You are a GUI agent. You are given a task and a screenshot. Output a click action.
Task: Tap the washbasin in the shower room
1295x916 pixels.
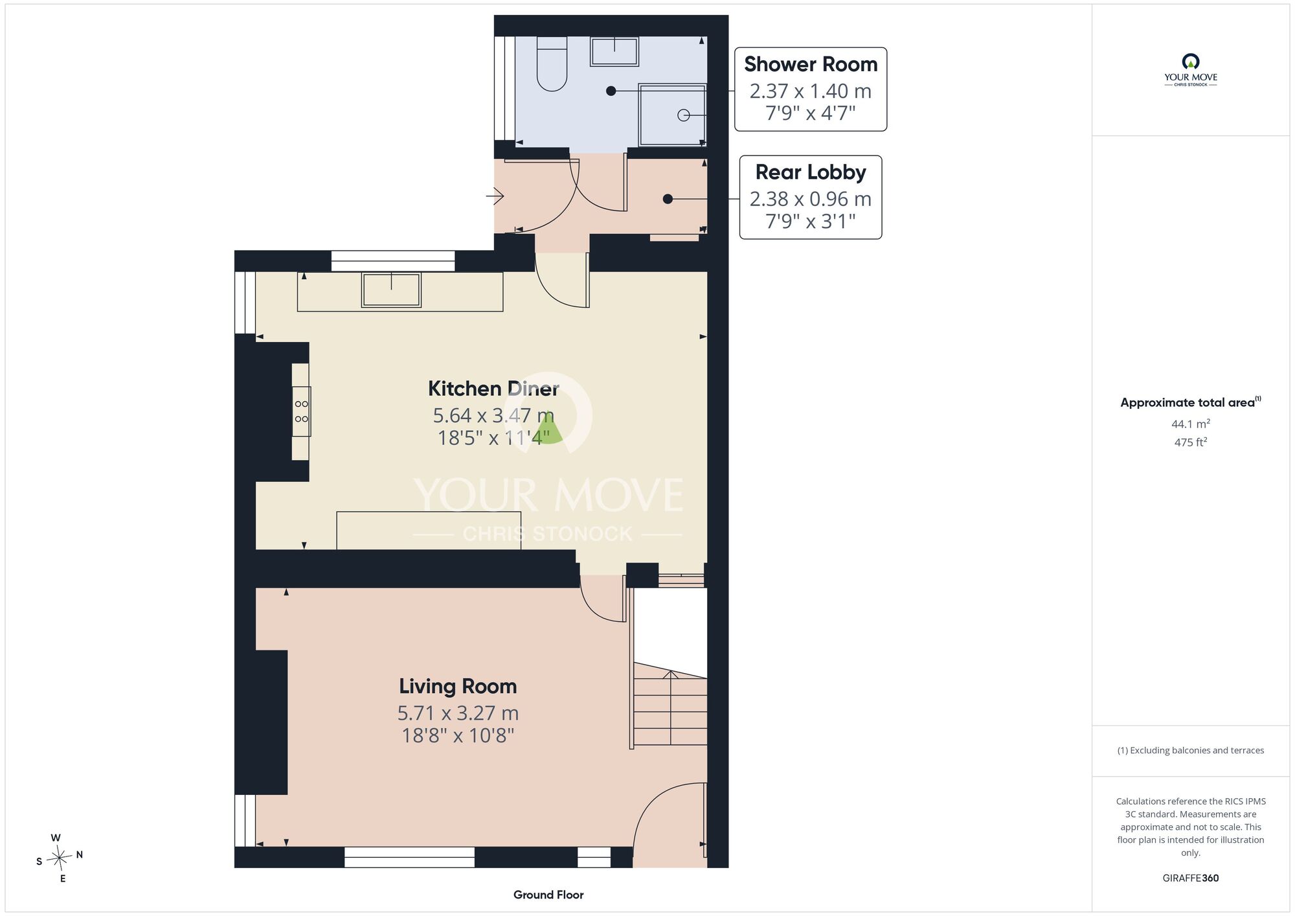(x=614, y=51)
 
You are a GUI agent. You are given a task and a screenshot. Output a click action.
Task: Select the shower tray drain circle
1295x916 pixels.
(x=683, y=115)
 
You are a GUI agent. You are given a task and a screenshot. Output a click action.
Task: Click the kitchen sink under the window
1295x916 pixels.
(x=391, y=290)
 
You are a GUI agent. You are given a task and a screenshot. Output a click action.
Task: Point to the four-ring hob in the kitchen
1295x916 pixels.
(x=301, y=411)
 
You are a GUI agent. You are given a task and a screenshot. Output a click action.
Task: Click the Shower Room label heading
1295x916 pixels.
(x=811, y=64)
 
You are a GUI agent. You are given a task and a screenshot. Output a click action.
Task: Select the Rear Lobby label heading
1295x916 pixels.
(x=811, y=172)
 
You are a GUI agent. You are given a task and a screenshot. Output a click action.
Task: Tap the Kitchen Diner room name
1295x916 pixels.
(x=493, y=388)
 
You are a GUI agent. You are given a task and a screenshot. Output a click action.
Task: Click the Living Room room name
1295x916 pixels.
(x=458, y=685)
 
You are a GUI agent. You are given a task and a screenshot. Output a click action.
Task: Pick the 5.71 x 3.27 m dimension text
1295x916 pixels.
(x=458, y=713)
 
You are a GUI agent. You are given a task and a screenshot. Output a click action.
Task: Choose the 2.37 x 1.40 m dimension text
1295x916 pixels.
(x=811, y=91)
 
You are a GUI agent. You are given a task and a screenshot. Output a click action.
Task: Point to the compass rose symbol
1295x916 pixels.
(x=59, y=858)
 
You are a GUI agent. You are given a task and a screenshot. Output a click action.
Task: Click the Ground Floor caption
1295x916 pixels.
(x=548, y=895)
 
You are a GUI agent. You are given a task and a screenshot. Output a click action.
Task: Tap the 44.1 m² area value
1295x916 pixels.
(x=1191, y=424)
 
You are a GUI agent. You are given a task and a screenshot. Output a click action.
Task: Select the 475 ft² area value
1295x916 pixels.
(x=1191, y=442)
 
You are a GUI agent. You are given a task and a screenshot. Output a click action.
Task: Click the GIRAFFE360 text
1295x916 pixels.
(x=1191, y=878)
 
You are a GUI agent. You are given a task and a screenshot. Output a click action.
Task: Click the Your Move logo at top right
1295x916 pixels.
(x=1191, y=70)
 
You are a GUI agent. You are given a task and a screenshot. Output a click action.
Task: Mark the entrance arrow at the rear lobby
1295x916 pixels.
(x=495, y=195)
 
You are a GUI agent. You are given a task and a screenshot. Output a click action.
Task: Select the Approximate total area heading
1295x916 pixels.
(x=1191, y=402)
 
